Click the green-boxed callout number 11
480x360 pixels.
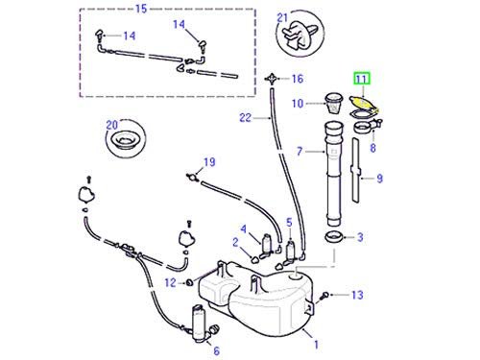pyautogui.click(x=361, y=79)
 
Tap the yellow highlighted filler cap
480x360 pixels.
pyautogui.click(x=362, y=103)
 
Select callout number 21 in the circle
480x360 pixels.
pyautogui.click(x=282, y=17)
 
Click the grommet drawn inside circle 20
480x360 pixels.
pyautogui.click(x=126, y=139)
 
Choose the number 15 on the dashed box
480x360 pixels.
pyautogui.click(x=141, y=9)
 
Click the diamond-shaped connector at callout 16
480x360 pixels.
pyautogui.click(x=272, y=79)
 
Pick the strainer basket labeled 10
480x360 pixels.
pyautogui.click(x=333, y=102)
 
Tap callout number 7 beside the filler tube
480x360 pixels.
pyautogui.click(x=300, y=151)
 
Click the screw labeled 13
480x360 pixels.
pyautogui.click(x=325, y=295)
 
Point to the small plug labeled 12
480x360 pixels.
pyautogui.click(x=189, y=282)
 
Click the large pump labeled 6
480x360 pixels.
pyautogui.click(x=203, y=324)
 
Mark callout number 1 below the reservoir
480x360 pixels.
pyautogui.click(x=316, y=345)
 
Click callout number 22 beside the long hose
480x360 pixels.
pyautogui.click(x=246, y=118)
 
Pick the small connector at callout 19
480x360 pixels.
pyautogui.click(x=192, y=177)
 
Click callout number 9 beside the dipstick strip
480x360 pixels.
pyautogui.click(x=379, y=179)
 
